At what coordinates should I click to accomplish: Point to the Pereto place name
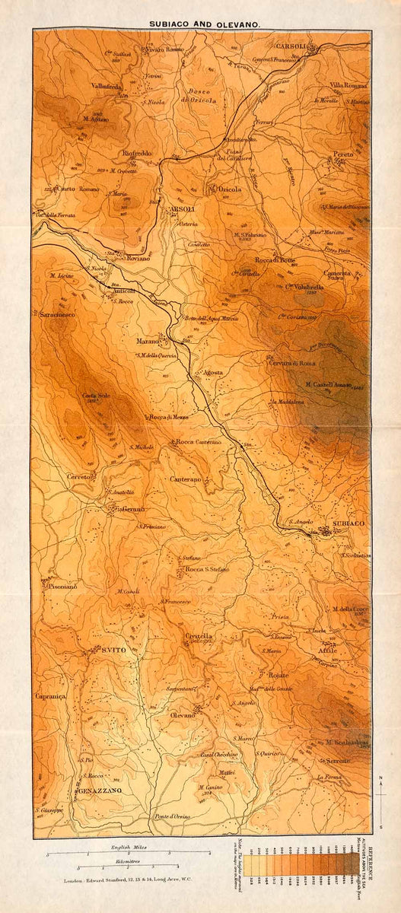point(342,154)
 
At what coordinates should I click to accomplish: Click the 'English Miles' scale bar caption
point(129,825)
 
